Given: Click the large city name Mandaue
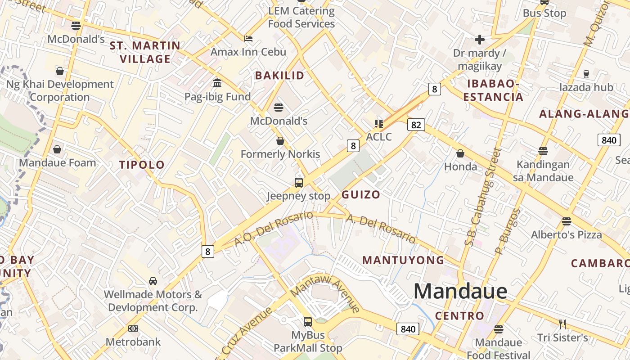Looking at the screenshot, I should coord(460,291).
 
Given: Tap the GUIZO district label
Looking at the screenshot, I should coord(360,194).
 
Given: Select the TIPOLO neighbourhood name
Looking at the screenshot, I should coord(142,165).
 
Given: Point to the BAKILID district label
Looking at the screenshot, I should coord(279,76).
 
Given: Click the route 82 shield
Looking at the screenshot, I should coord(416,125).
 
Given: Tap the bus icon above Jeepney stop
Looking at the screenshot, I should coord(298,182).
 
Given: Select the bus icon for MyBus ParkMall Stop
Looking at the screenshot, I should coord(308,321).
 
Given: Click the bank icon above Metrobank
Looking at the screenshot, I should coord(133,328).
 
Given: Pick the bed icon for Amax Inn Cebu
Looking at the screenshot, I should coord(248,38).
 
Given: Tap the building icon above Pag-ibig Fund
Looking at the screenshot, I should coord(217,83).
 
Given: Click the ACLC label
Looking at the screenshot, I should coord(379,136).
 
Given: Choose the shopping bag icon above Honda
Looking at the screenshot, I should coord(460,153).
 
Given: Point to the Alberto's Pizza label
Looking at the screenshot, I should coord(566,234).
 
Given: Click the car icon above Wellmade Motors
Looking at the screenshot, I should coord(153,281).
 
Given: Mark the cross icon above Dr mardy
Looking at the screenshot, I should coord(479,40).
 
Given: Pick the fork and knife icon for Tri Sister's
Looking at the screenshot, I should coord(562,324).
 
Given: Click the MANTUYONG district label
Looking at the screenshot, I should coord(403,260).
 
